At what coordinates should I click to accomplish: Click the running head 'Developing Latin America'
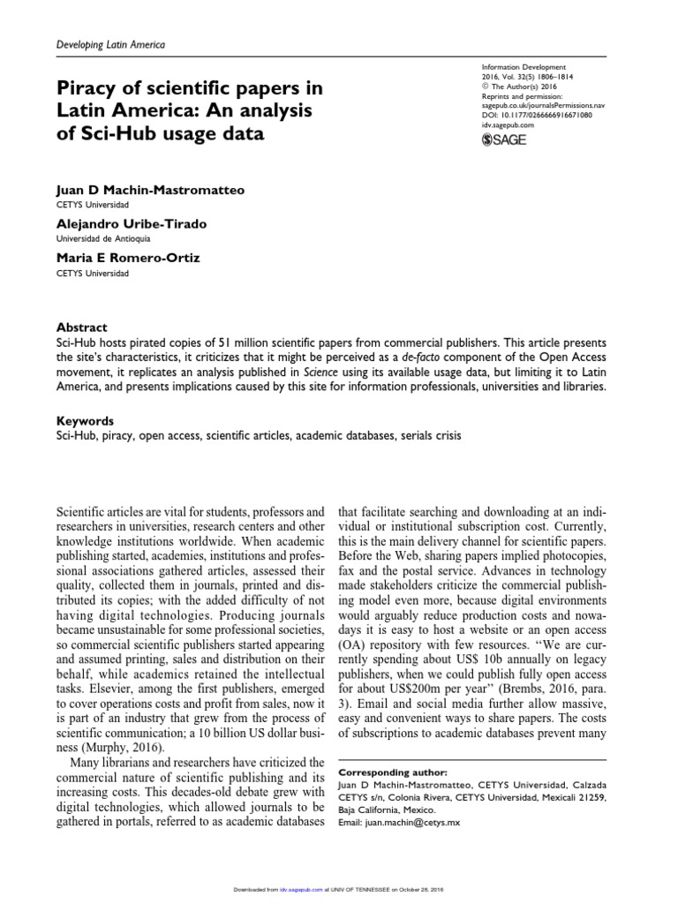110,44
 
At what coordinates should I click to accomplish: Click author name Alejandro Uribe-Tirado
132,224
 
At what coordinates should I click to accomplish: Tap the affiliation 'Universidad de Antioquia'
103,237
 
